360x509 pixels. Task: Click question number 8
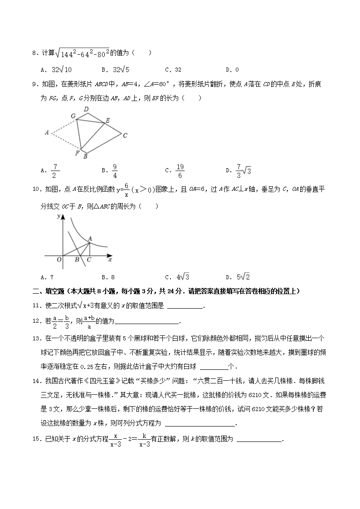pyautogui.click(x=34, y=53)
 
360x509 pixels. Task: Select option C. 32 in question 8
pyautogui.click(x=174, y=70)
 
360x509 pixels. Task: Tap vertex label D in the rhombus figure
pyautogui.click(x=86, y=109)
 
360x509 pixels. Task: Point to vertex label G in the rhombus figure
pyautogui.click(x=73, y=116)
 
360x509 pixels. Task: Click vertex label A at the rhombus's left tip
pyautogui.click(x=47, y=133)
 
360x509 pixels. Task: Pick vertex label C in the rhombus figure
pyautogui.click(x=125, y=135)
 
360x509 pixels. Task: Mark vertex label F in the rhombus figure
pyautogui.click(x=78, y=153)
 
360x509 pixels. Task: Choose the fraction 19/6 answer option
pyautogui.click(x=180, y=171)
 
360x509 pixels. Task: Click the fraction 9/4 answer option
pyautogui.click(x=115, y=171)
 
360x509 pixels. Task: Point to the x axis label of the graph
pyautogui.click(x=110, y=260)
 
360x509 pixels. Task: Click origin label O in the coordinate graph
pyautogui.click(x=59, y=260)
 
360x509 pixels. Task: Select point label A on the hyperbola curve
pyautogui.click(x=90, y=239)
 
